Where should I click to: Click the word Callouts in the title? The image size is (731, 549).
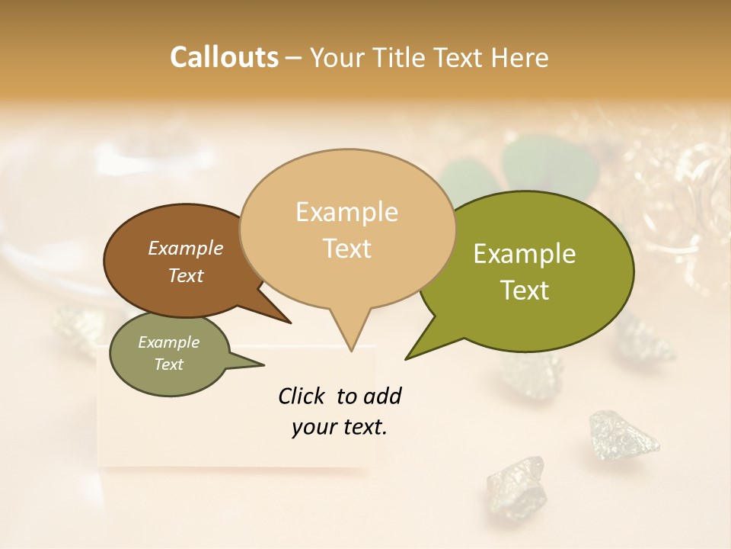pos(224,57)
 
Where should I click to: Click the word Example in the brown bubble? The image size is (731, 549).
pos(186,248)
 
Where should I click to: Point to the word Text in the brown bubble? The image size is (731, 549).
pos(186,275)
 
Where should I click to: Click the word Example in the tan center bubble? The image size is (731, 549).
pos(346,212)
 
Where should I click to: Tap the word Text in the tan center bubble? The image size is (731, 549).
pos(346,249)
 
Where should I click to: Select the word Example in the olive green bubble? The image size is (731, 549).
pos(525,254)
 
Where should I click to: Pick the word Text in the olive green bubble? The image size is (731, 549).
pos(525,291)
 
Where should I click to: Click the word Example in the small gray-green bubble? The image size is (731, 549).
pos(169,342)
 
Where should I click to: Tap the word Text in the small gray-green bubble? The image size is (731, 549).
pos(169,364)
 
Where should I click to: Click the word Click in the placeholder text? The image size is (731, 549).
pos(302,396)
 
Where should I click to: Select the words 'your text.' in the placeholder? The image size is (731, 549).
pos(340,427)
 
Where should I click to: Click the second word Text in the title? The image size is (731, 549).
pos(459,58)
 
